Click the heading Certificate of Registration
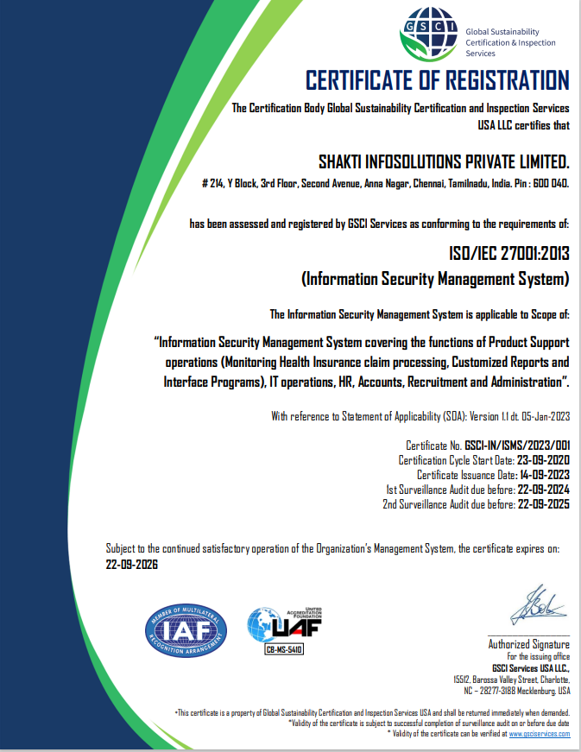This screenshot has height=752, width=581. pos(438,81)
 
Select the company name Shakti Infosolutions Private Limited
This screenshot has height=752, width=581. pos(445,161)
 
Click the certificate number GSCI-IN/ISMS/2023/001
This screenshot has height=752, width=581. pos(517,446)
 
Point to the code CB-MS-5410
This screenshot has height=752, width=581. pos(284,648)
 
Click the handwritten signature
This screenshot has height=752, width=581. pos(537,605)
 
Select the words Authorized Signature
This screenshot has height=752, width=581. pos(529,644)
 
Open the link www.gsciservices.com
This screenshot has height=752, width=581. pos(540,733)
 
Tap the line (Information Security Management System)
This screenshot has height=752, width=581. pos(435,279)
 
